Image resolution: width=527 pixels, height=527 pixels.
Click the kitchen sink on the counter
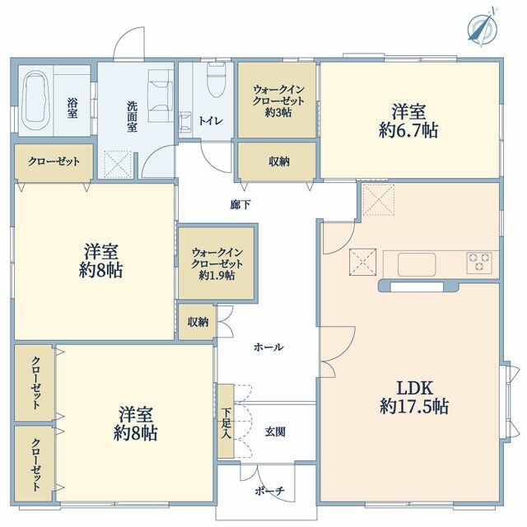[x=417, y=264]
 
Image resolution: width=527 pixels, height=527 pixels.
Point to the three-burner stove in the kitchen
[x=479, y=263]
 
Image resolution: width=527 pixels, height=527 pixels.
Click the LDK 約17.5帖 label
[x=414, y=397]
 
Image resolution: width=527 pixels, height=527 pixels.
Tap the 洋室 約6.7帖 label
[x=408, y=121]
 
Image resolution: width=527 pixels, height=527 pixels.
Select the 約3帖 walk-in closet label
[x=278, y=100]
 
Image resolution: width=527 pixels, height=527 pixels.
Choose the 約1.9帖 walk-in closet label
[x=217, y=263]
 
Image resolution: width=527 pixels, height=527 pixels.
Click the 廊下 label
[x=240, y=205]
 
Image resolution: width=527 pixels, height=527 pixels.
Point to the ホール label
[x=268, y=347]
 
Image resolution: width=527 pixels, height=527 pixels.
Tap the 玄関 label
[x=275, y=431]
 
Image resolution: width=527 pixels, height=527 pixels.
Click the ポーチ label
[x=270, y=492]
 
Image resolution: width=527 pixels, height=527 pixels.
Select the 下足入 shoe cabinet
[x=226, y=421]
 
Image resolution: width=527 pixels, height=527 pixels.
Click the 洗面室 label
[x=132, y=117]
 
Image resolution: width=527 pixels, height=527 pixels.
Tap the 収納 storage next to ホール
[x=198, y=322]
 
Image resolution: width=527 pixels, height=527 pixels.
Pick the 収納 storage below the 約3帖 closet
[x=277, y=161]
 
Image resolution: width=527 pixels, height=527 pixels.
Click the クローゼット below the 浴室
[x=54, y=161]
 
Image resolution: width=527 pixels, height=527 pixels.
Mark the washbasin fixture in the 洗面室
[x=161, y=96]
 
